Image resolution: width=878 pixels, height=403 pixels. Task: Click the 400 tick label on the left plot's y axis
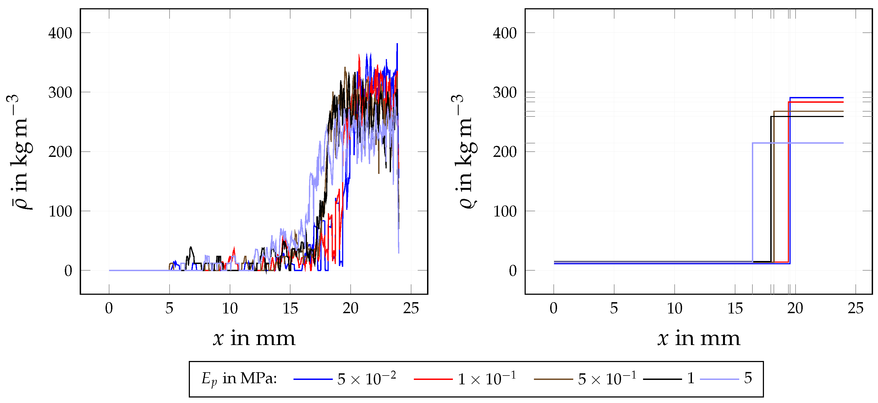[x=60, y=34]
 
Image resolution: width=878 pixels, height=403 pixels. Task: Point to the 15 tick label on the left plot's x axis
[x=290, y=308]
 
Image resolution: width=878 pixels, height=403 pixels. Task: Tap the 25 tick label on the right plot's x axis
[x=855, y=308]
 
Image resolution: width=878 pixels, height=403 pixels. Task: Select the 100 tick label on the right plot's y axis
[x=505, y=212]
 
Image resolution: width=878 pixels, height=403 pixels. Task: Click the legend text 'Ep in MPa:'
[x=239, y=379]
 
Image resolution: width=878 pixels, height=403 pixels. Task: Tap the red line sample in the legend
[x=433, y=379]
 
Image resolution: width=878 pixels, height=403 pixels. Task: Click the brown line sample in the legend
[x=553, y=379]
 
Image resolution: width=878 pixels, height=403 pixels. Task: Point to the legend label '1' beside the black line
[x=691, y=378]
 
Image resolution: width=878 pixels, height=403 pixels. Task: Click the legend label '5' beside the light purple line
[x=748, y=378]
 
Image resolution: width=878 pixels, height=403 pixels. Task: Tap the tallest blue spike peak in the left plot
[x=397, y=44]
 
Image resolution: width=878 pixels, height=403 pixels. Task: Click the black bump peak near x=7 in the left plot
[x=190, y=247]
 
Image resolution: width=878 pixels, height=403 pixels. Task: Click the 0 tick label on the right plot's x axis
[x=553, y=308]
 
